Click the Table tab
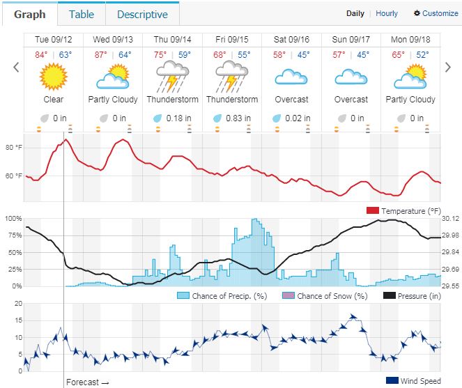pos(82,14)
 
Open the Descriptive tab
pos(142,14)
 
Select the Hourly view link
pos(387,13)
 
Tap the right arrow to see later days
pos(448,67)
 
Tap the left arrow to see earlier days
pos(16,67)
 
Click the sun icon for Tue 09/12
pos(53,75)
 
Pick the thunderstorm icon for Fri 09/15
pos(231,75)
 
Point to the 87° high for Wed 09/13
pos(101,54)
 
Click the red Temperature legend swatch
pos(371,211)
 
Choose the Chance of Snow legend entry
pos(331,296)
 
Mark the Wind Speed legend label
pos(420,380)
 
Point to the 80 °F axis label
pos(14,148)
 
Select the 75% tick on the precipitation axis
pos(13,235)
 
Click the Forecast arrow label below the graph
pos(87,382)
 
